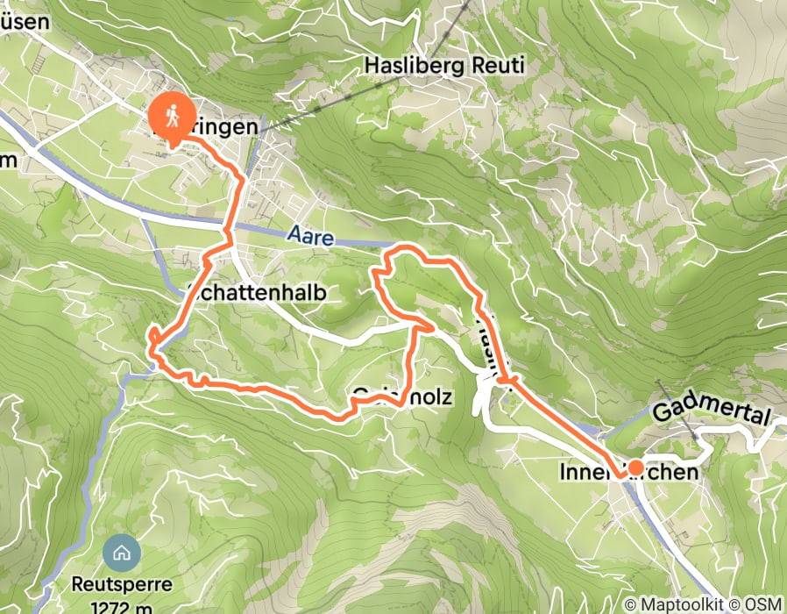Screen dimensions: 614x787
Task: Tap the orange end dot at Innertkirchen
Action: [635, 468]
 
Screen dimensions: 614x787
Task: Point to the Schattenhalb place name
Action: [259, 293]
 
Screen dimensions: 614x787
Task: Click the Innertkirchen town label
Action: [628, 473]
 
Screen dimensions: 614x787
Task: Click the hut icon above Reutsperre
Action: [118, 553]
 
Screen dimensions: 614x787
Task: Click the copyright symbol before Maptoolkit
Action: [632, 604]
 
